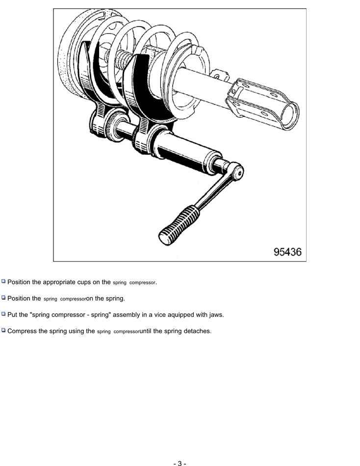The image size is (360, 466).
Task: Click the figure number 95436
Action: pyautogui.click(x=287, y=252)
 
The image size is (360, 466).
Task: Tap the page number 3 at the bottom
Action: pyautogui.click(x=180, y=463)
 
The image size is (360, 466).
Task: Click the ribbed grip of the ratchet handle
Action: pyautogui.click(x=179, y=225)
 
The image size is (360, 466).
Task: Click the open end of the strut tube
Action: pyautogui.click(x=290, y=116)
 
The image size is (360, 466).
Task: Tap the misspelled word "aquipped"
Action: pyautogui.click(x=180, y=315)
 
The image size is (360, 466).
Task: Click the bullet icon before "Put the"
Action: pyautogui.click(x=3, y=313)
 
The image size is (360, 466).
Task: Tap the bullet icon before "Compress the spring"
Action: pyautogui.click(x=3, y=330)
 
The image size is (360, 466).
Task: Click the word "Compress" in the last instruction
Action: pyautogui.click(x=22, y=331)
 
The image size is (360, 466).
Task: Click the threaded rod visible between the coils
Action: pyautogui.click(x=122, y=59)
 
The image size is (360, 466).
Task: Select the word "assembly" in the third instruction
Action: pyautogui.click(x=126, y=315)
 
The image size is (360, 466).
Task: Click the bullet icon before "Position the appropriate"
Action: pyautogui.click(x=3, y=281)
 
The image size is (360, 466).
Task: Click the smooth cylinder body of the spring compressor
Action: pyautogui.click(x=184, y=151)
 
